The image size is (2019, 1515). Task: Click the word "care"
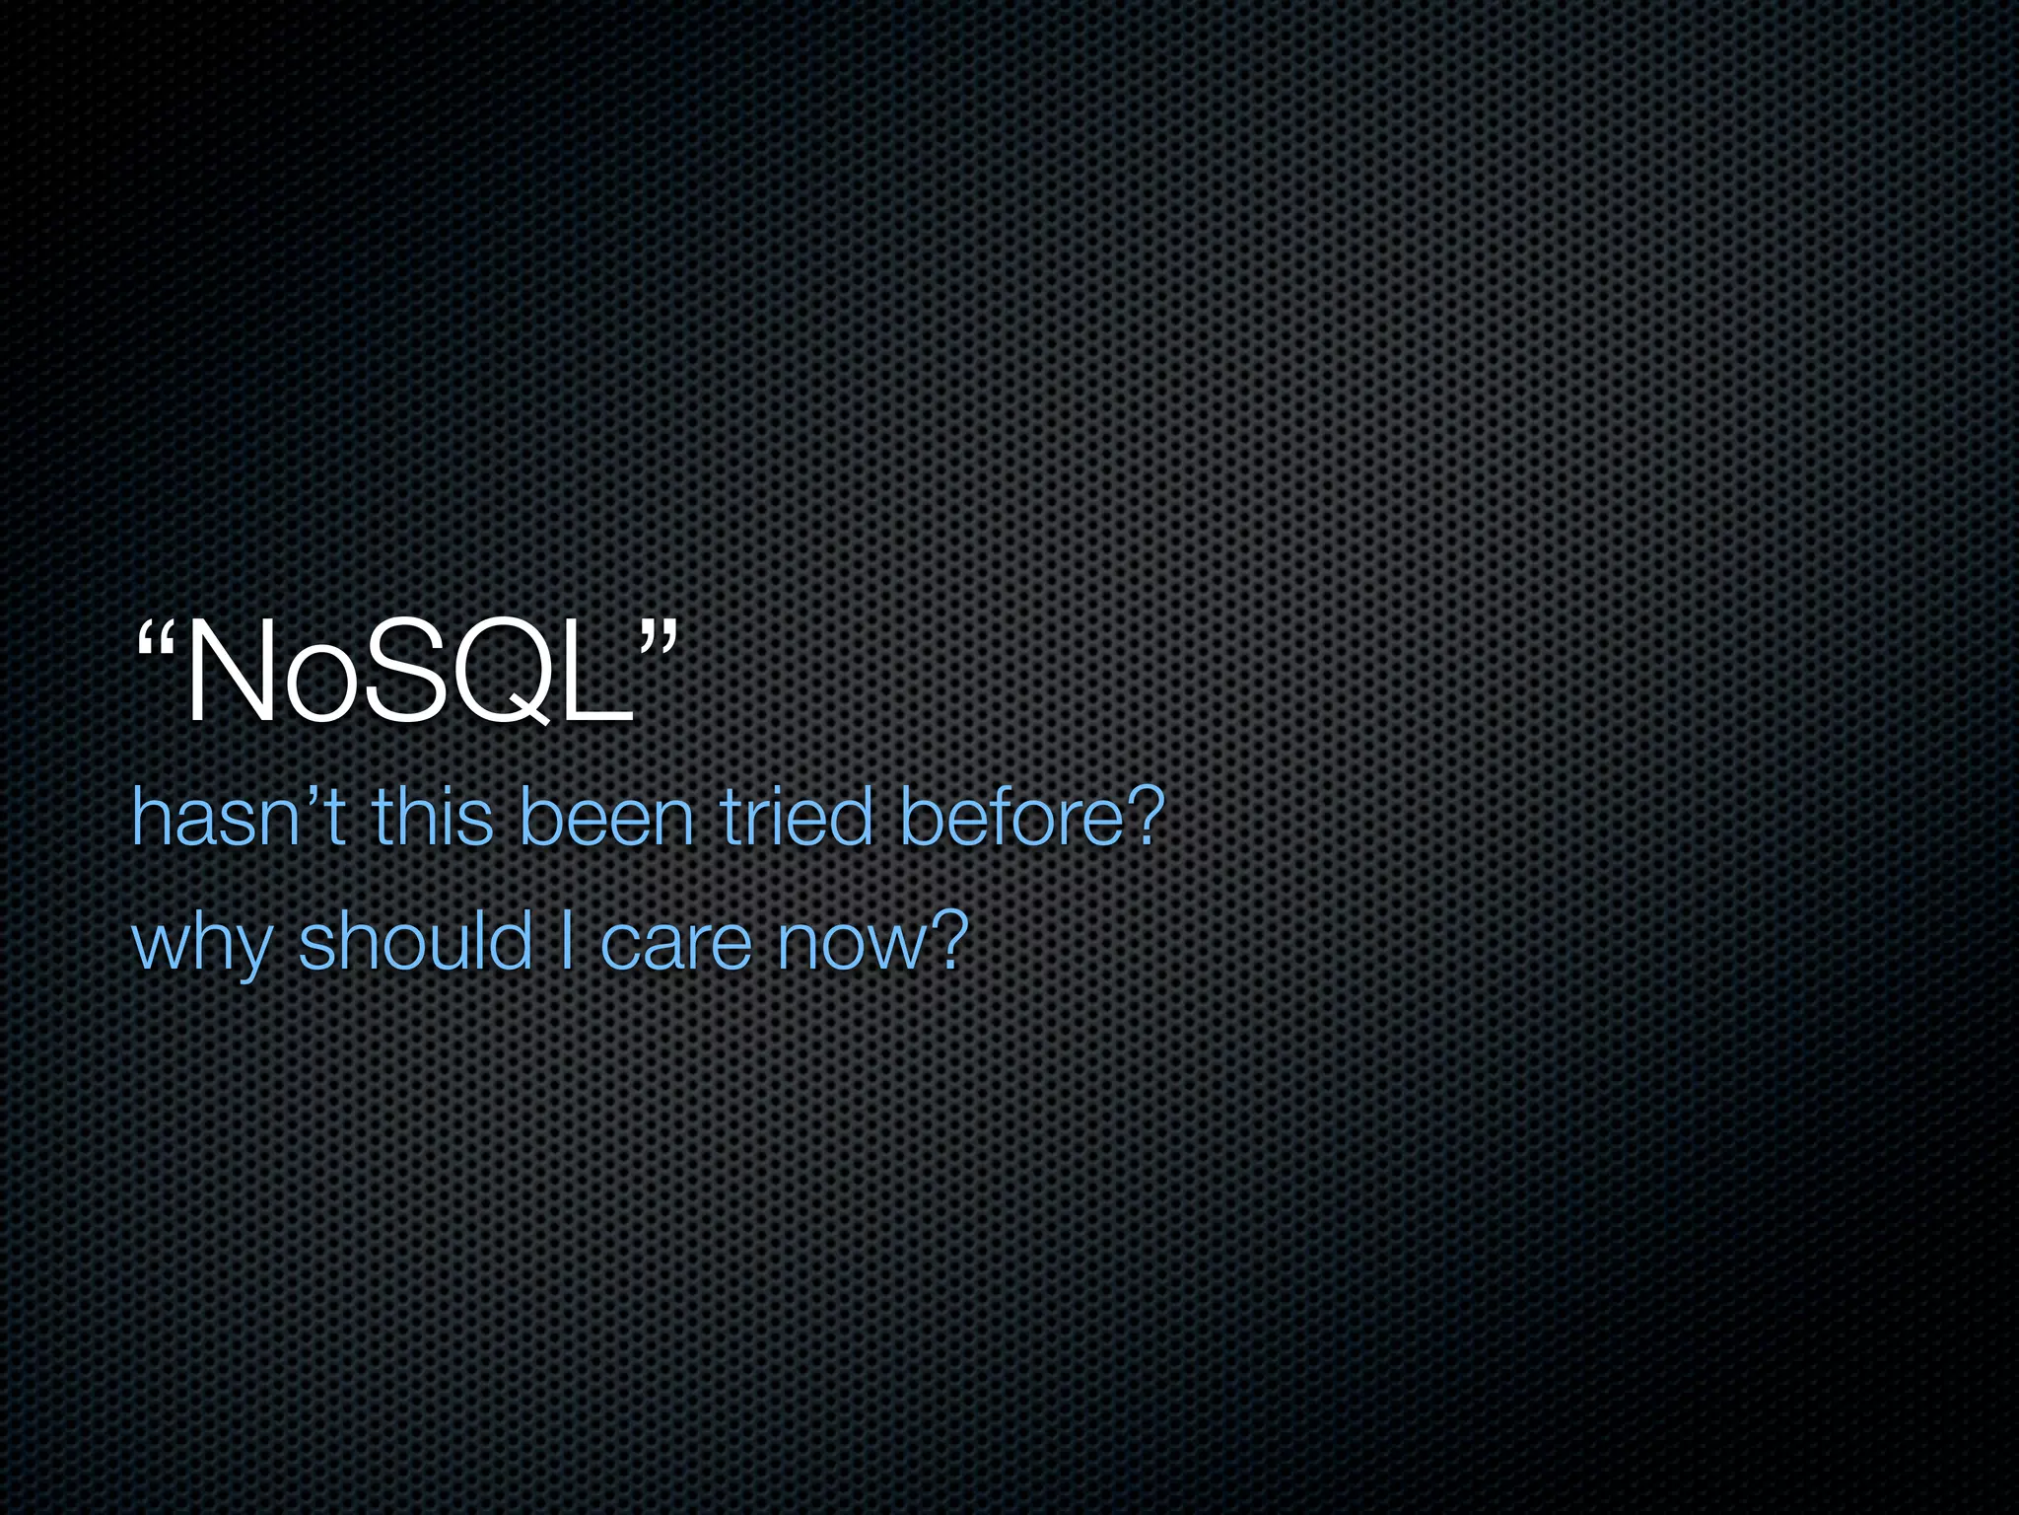675,944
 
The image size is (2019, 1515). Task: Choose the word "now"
850,944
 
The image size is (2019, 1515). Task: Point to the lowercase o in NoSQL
320,687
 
